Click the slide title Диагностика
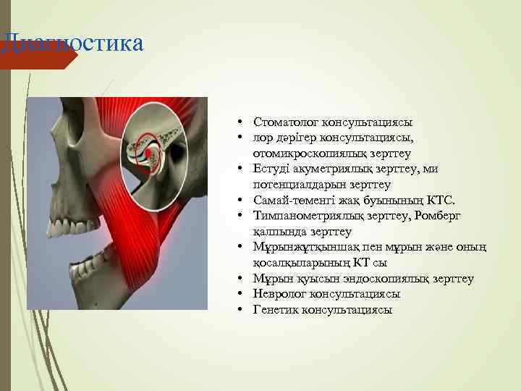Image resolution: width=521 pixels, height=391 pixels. [72, 42]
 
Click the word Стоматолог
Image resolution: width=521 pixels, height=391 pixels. [283, 122]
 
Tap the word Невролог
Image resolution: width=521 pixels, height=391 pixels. [277, 294]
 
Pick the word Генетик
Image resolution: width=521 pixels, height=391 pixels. [275, 310]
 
